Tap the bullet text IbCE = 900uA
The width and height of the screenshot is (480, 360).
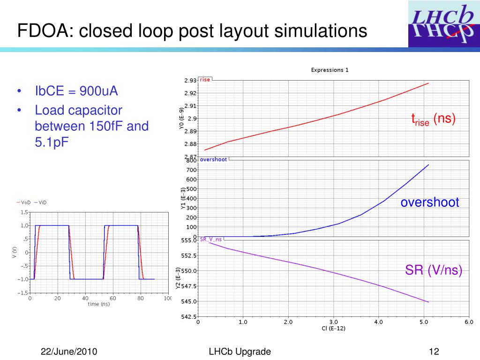click(x=76, y=90)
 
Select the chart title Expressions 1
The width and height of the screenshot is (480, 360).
click(x=330, y=70)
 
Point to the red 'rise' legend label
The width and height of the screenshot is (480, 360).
click(x=205, y=80)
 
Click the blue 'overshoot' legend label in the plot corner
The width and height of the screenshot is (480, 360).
click(x=213, y=159)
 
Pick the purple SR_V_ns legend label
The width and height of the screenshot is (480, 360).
click(x=211, y=239)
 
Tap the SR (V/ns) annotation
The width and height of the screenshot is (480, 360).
click(x=434, y=270)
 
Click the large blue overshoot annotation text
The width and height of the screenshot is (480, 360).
click(x=429, y=202)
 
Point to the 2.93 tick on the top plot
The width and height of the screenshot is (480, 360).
click(x=190, y=81)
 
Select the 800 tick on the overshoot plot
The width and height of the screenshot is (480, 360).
click(x=191, y=161)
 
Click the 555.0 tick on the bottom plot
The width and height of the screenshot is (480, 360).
click(x=188, y=240)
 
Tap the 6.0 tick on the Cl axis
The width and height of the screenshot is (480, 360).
click(x=469, y=322)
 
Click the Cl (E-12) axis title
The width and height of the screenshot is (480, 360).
click(x=334, y=329)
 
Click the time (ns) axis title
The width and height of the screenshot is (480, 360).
click(x=98, y=304)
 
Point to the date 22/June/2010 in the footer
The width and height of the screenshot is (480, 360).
click(x=69, y=352)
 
